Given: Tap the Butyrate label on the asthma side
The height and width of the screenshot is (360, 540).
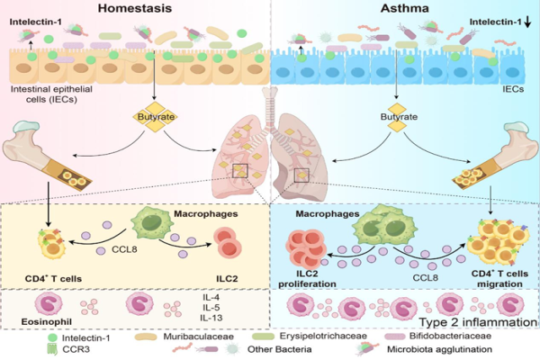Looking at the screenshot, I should tap(398, 117).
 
